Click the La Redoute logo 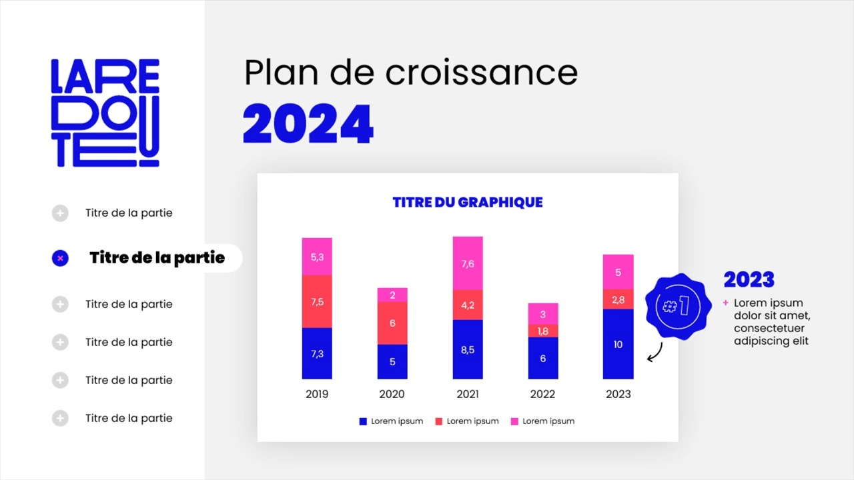pos(105,113)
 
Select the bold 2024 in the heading pos(308,124)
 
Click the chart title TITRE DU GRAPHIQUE pos(468,202)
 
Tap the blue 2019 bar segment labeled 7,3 pos(317,353)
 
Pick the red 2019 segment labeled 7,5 pos(317,301)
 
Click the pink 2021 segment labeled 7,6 pos(468,263)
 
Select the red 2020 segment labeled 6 pos(392,323)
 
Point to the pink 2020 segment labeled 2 pos(392,295)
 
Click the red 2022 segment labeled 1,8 pos(543,331)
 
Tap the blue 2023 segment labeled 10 pos(618,344)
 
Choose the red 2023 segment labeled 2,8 pos(618,299)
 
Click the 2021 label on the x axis pos(468,394)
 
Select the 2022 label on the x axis pos(543,394)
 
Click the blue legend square pos(363,421)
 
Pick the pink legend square pos(514,421)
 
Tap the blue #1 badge pos(675,306)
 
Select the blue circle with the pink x pos(60,258)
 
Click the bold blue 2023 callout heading pos(749,279)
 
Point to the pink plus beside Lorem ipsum pos(726,303)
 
